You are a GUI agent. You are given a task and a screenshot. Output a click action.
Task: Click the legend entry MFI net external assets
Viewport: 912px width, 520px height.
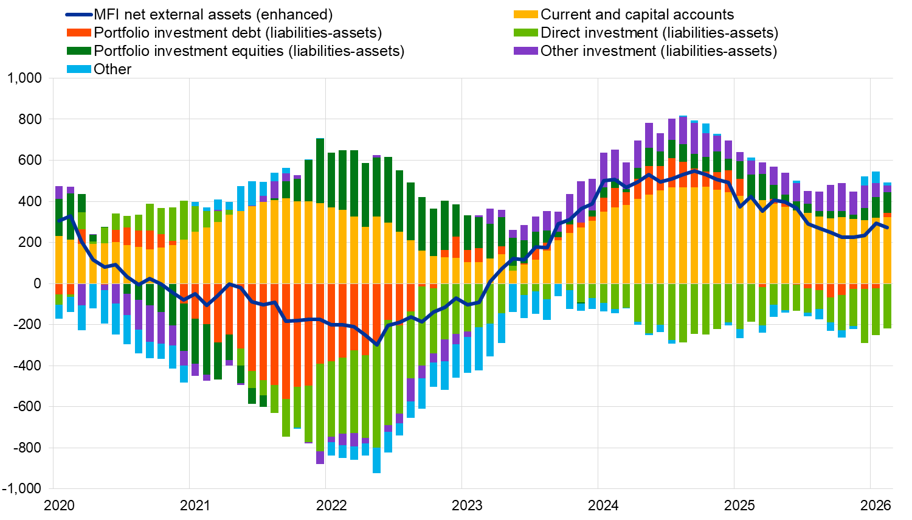click(213, 15)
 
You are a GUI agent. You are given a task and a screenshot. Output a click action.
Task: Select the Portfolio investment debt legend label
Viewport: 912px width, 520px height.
click(238, 33)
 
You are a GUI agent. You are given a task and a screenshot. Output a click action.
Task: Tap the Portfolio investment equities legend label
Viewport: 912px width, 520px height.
click(249, 51)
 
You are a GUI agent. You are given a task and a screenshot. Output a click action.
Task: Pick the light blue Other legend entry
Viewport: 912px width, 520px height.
click(112, 69)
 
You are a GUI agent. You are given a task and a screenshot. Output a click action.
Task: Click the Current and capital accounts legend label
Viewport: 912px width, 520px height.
click(637, 15)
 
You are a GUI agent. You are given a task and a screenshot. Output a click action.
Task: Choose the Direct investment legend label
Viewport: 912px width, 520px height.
click(659, 33)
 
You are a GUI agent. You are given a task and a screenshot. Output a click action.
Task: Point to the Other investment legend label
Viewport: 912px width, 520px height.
click(658, 51)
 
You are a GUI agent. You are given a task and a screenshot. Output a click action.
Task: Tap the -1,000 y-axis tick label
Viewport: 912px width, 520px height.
click(22, 489)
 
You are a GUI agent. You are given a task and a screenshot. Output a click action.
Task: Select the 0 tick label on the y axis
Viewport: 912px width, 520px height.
click(38, 284)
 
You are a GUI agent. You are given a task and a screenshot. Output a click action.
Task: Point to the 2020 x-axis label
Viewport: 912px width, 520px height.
click(60, 505)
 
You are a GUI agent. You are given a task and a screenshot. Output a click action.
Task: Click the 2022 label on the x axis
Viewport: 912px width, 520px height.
click(331, 505)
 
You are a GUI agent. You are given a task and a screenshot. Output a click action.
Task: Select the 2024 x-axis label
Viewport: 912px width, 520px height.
click(603, 505)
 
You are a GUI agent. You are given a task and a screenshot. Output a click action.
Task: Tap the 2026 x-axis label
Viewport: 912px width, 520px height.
click(876, 505)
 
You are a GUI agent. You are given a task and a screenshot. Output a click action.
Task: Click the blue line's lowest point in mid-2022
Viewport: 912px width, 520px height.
click(377, 345)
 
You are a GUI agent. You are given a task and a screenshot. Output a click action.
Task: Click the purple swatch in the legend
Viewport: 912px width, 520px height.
click(526, 51)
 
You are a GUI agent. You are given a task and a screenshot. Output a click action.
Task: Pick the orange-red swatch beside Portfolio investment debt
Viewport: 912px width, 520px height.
click(78, 33)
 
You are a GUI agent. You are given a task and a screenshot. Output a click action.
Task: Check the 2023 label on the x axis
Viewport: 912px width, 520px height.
click(468, 505)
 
